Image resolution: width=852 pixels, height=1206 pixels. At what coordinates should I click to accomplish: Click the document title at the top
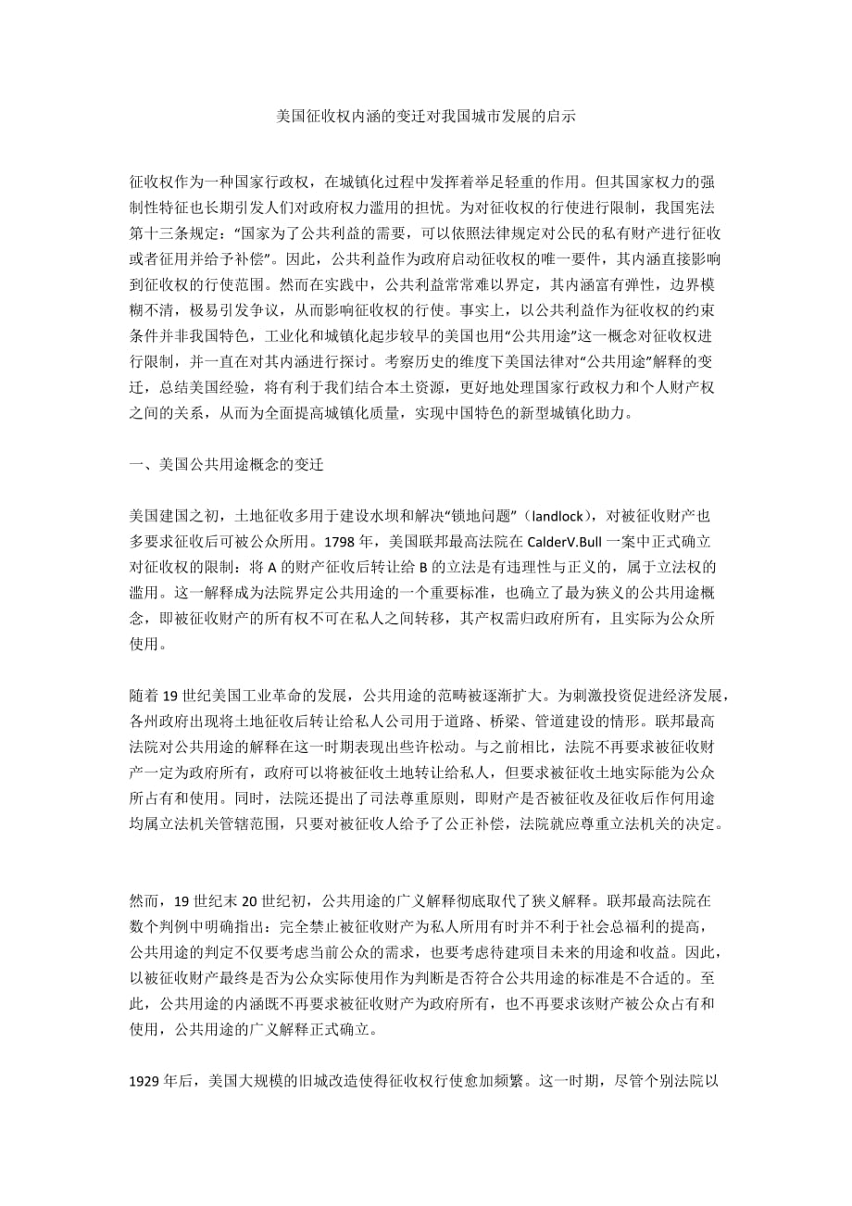tap(427, 117)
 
